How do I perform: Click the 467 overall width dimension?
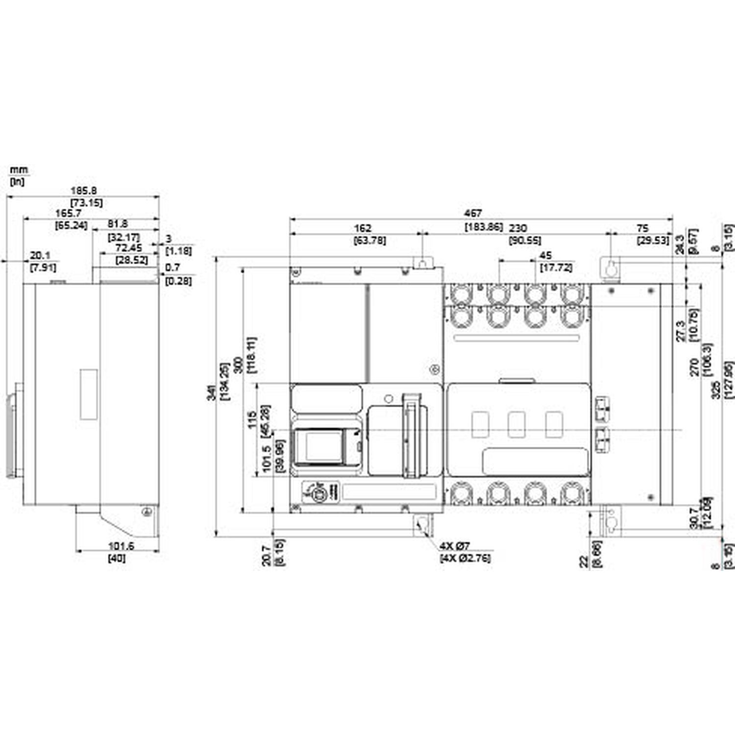pyautogui.click(x=473, y=213)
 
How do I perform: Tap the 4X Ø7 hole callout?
pyautogui.click(x=454, y=546)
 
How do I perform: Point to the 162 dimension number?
pyautogui.click(x=363, y=228)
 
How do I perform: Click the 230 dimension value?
pyautogui.click(x=518, y=228)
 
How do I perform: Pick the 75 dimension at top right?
pyautogui.click(x=642, y=228)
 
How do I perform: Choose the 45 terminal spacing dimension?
pyautogui.click(x=545, y=255)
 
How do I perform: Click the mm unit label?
pyautogui.click(x=19, y=170)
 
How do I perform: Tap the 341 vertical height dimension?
pyautogui.click(x=211, y=392)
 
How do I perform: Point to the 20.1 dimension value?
pyautogui.click(x=40, y=255)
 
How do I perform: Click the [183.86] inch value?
pyautogui.click(x=484, y=227)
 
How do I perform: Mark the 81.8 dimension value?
pyautogui.click(x=118, y=223)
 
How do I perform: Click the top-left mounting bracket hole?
pyautogui.click(x=423, y=263)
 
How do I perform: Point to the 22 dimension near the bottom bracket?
pyautogui.click(x=584, y=562)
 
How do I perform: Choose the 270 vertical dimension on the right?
pyautogui.click(x=694, y=367)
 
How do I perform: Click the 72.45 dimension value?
pyautogui.click(x=128, y=248)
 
